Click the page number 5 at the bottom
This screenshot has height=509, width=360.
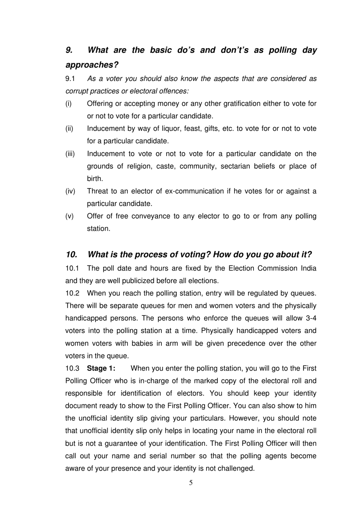tap(191, 483)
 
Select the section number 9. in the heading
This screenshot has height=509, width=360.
tap(69, 50)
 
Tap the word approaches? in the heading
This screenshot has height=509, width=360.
tap(92, 65)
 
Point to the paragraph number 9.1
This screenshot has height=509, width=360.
tap(70, 79)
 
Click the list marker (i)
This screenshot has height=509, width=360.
tap(68, 104)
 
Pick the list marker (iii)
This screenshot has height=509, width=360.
tap(70, 154)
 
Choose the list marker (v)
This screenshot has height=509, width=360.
tap(69, 216)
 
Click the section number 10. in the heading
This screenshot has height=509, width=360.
tap(71, 254)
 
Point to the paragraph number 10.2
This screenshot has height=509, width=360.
tap(72, 293)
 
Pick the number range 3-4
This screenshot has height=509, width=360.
tap(311, 318)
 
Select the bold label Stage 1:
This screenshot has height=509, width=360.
tap(101, 368)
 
